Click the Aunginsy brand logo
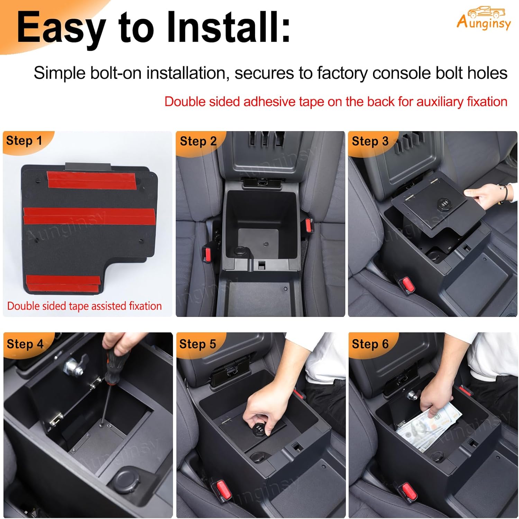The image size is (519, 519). tap(483, 19)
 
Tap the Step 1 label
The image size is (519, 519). tap(24, 141)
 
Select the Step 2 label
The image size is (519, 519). tap(198, 141)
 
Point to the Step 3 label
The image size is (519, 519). tap(370, 141)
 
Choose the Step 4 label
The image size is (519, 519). tap(25, 344)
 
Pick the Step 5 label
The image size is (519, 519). tap(198, 344)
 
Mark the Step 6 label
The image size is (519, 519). tap(370, 344)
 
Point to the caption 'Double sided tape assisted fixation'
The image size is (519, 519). tap(84, 306)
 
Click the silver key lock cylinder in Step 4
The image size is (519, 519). tap(74, 366)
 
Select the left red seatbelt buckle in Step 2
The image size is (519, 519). tap(208, 254)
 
